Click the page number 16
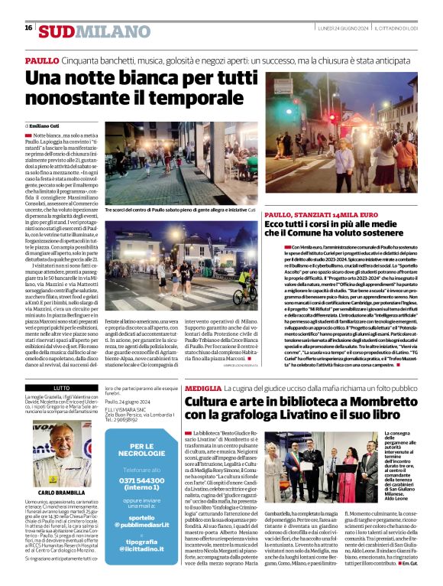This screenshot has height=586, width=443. pyautogui.click(x=28, y=28)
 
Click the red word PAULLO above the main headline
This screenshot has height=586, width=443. pyautogui.click(x=42, y=60)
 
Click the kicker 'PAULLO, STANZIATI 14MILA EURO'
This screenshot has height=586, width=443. pyautogui.click(x=313, y=215)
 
